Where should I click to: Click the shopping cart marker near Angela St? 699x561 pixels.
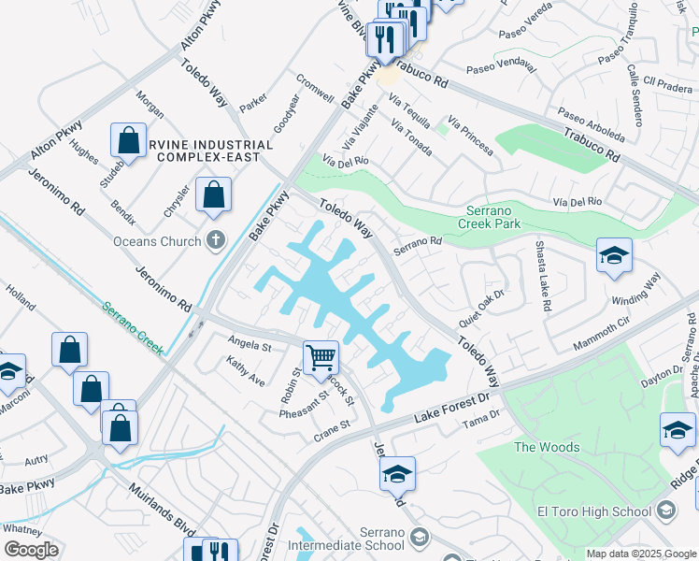point(321,356)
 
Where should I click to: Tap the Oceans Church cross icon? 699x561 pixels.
point(216,241)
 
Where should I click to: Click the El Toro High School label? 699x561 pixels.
point(594,511)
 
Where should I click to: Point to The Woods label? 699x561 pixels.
point(547,447)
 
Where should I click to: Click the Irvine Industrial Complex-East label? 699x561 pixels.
point(214,151)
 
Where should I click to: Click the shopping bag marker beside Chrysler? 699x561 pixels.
point(214,196)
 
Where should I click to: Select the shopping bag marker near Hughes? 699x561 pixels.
point(128,140)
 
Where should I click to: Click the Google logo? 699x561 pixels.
point(31,550)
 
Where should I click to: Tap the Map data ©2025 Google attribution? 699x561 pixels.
point(640,554)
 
